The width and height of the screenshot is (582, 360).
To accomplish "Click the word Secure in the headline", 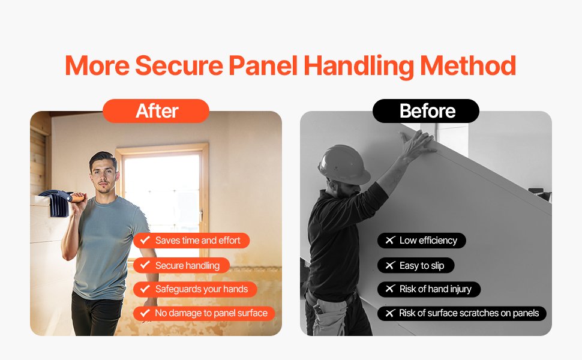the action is [179, 65].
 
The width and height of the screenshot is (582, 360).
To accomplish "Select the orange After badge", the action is [156, 111].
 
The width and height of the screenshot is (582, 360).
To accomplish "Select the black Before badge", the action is [426, 111].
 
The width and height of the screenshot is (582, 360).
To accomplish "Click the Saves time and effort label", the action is [191, 241].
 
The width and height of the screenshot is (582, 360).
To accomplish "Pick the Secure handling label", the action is [182, 265].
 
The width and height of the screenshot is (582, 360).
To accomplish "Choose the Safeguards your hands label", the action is [195, 289].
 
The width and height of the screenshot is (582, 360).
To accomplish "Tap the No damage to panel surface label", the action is [204, 313].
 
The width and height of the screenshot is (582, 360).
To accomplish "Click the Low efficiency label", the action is [422, 241].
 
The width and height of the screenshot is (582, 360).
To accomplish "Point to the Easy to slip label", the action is [416, 265].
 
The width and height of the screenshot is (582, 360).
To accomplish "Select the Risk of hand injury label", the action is [429, 289].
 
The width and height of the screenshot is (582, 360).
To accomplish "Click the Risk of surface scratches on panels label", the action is [462, 313].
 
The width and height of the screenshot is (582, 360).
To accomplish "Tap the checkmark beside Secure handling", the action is [145, 265].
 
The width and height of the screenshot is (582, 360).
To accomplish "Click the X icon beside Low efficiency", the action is [390, 240].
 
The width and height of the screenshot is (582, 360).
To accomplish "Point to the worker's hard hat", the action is [343, 164].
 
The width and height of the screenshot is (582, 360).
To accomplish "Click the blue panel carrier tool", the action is [56, 202].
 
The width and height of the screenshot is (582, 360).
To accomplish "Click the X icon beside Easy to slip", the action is [390, 265].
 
